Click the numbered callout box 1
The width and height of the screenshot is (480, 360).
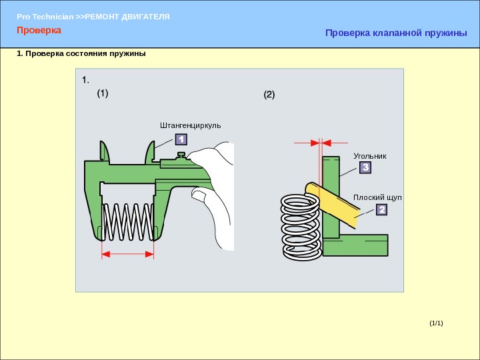pos(181,139)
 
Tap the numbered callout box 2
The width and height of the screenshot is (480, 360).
pos(381,210)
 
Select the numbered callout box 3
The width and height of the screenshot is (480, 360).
pos(365,169)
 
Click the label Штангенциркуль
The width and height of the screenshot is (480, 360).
pos(190,125)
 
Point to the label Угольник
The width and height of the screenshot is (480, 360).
pos(370,155)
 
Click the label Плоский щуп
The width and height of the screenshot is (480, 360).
pos(378,197)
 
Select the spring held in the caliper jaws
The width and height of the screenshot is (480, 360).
pos(129,221)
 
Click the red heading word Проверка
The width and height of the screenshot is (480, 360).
pos(39,31)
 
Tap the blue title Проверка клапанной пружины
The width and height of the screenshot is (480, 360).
pos(396,33)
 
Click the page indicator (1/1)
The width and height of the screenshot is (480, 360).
pos(436,323)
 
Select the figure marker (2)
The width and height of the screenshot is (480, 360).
pos(269,95)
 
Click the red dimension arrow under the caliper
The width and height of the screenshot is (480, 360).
pos(128,253)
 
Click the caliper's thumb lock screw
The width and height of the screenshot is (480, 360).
pos(180,155)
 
